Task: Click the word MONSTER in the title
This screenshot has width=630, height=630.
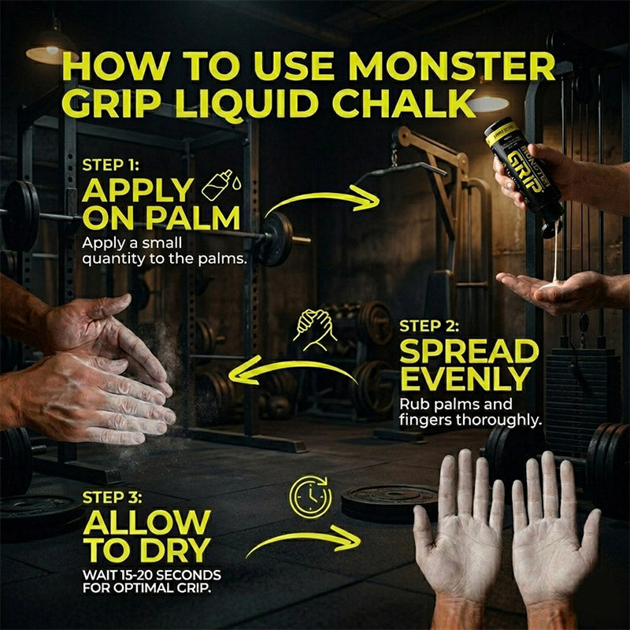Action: point(452,66)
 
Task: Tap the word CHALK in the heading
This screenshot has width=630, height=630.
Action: point(404,104)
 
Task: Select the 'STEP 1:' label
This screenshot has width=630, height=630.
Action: point(110,165)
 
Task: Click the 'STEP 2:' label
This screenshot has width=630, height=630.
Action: point(429,326)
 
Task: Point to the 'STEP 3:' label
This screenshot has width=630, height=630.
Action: point(112,498)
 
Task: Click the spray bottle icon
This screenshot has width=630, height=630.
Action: point(221,185)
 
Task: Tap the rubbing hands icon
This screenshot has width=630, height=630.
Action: point(315,330)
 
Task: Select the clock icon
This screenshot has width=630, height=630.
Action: point(311,497)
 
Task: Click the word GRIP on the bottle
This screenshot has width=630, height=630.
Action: point(526,173)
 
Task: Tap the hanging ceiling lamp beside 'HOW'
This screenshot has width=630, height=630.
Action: point(50,51)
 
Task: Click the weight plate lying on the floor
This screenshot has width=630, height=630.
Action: point(390,503)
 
